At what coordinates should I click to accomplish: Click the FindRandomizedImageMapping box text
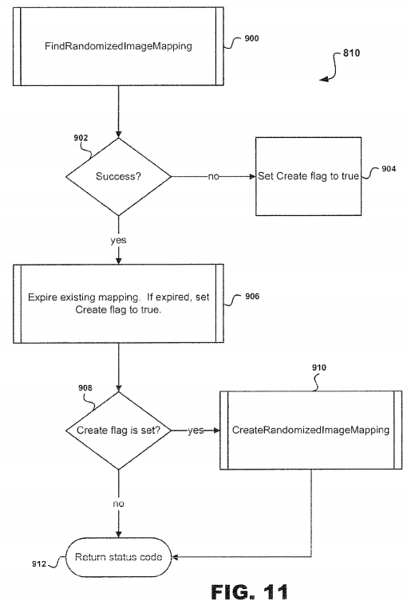118,46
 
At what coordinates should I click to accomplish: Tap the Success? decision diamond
119,177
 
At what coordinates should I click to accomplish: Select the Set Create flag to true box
309,176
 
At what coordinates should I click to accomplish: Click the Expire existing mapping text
119,303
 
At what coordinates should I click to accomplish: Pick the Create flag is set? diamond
119,430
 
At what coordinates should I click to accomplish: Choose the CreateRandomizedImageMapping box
311,430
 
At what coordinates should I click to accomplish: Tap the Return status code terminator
119,557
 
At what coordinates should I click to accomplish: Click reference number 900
251,38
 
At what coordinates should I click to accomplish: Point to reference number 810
351,53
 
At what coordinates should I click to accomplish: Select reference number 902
81,138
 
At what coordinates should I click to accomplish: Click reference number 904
389,169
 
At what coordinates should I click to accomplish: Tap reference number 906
252,297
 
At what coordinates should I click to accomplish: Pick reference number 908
85,387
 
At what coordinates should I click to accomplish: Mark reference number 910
319,367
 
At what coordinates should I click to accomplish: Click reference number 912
39,564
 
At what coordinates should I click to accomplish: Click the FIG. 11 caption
250,591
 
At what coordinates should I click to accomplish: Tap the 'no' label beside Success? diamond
214,177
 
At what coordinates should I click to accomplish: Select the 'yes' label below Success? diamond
118,241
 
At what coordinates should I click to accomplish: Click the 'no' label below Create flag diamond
119,504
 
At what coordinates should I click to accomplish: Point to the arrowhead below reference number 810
323,79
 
